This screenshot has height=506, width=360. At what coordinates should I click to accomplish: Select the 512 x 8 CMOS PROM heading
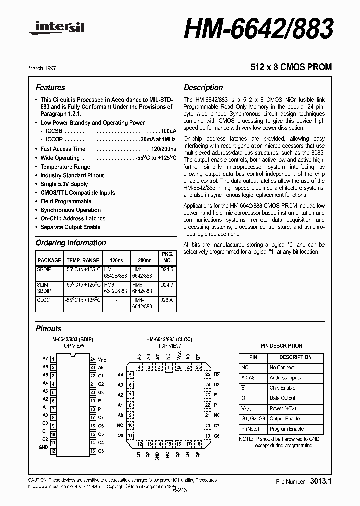click(291, 67)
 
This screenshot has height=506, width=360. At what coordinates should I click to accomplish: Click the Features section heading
click(50, 87)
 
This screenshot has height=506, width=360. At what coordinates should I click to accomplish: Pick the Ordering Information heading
click(71, 243)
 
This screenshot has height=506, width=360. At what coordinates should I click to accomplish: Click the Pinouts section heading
click(49, 329)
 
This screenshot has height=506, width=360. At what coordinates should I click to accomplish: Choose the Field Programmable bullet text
click(66, 201)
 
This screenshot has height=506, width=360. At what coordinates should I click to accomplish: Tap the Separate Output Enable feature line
click(70, 227)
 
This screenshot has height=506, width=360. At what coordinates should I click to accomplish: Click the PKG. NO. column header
click(168, 257)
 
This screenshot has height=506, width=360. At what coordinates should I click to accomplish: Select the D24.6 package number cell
click(167, 269)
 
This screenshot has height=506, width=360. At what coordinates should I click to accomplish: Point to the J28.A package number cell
click(167, 300)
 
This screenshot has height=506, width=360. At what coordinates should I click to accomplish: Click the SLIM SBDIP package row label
click(44, 288)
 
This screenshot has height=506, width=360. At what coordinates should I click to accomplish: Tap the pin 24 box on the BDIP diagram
click(93, 359)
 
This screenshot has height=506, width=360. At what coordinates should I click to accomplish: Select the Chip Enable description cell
click(283, 388)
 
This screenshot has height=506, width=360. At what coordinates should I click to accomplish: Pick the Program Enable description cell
click(287, 429)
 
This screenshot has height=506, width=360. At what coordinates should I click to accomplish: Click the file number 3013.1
click(321, 481)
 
